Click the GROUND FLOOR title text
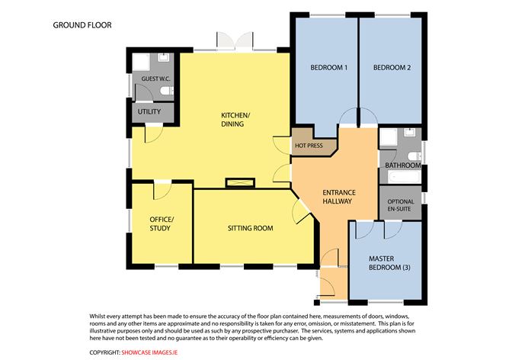(x=82, y=25)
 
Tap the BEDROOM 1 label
(x=329, y=68)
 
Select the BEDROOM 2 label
(x=392, y=68)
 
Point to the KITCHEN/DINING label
(x=235, y=120)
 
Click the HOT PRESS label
(x=309, y=146)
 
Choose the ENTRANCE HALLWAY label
(x=339, y=197)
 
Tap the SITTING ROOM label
(x=250, y=228)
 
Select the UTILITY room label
(x=149, y=112)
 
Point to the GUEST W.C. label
(x=155, y=79)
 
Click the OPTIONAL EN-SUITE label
(x=401, y=205)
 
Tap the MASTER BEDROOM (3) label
(x=389, y=263)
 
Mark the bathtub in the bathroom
(x=404, y=177)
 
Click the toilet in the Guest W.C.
(x=168, y=90)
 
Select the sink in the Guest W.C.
(x=163, y=57)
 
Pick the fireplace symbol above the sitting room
(x=240, y=182)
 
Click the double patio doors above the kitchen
(x=235, y=41)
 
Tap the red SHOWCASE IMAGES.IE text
(x=149, y=352)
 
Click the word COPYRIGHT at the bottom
(x=105, y=352)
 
